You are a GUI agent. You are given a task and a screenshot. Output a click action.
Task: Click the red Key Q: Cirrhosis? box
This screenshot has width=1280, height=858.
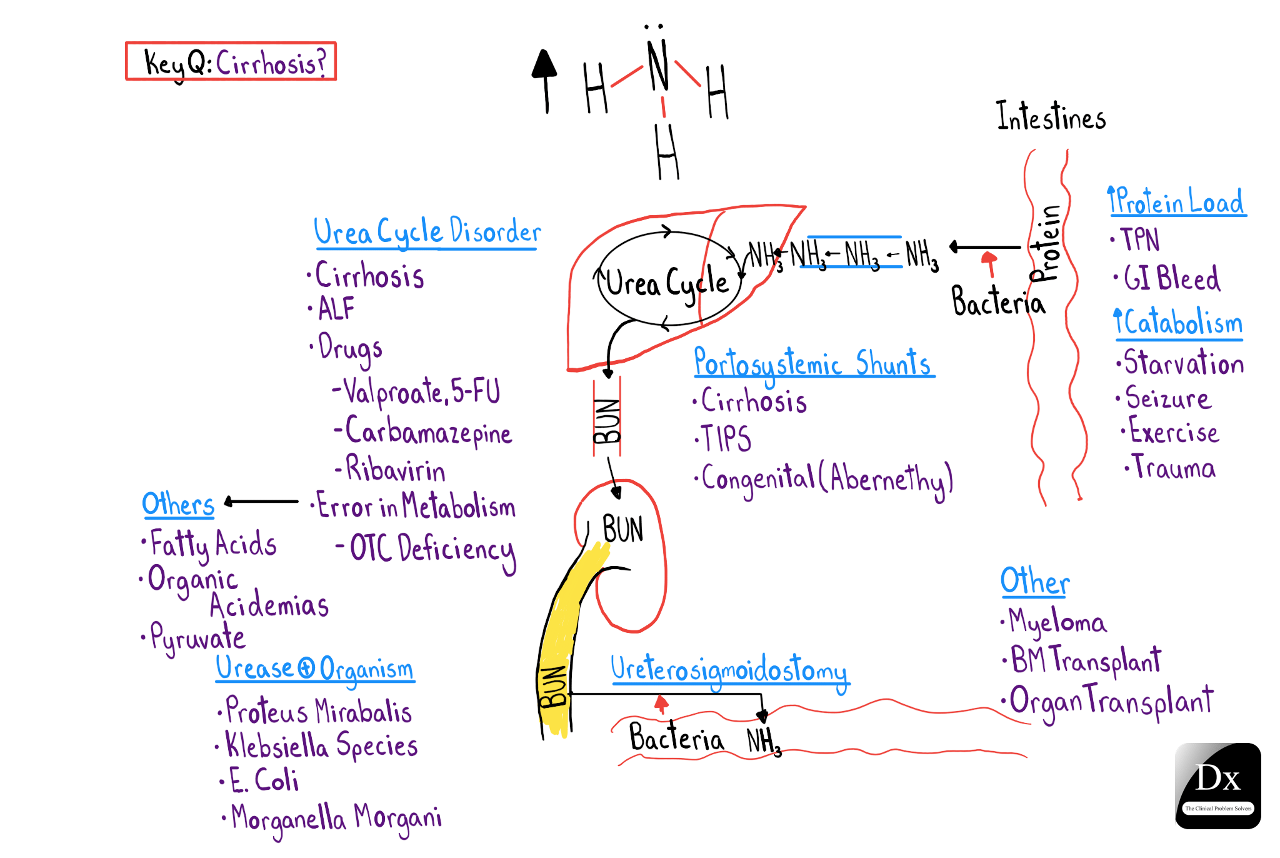point(231,61)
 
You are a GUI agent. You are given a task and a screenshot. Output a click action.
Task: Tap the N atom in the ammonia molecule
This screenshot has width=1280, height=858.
point(657,65)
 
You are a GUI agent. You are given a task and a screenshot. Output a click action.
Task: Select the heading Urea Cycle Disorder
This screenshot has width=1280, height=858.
point(427,232)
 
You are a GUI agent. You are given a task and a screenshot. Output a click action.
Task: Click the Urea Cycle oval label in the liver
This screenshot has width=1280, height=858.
point(666,283)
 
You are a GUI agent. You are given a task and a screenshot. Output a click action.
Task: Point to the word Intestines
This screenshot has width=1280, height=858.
point(1051,117)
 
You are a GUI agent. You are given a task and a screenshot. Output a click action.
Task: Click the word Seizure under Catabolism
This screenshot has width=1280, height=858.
point(1167,398)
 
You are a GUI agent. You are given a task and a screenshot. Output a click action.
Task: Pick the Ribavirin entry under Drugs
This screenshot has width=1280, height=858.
point(395,469)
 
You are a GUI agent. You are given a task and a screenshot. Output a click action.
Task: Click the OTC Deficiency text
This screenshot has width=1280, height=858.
point(431,548)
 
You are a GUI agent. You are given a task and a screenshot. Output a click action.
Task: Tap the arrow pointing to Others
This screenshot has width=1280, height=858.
point(261,502)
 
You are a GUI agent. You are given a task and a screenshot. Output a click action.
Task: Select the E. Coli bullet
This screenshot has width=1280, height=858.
point(263,780)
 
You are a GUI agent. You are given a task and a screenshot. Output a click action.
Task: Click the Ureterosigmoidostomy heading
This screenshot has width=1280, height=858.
point(729,669)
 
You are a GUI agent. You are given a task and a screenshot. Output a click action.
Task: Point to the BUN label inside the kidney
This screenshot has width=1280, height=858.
point(622,530)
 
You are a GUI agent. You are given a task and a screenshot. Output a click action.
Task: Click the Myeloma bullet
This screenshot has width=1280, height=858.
point(1057,622)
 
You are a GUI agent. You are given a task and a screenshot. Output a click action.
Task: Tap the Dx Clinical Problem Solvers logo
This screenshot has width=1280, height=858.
point(1217,785)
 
